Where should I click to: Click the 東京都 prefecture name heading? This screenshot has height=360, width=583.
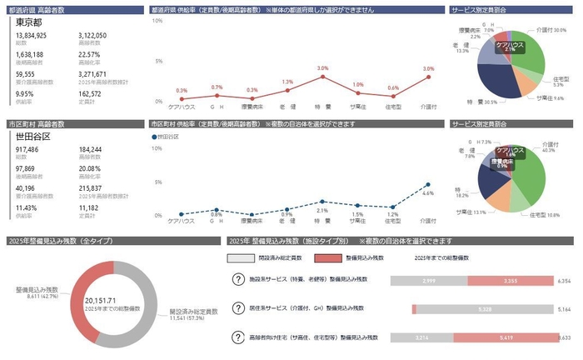click(x=32, y=24)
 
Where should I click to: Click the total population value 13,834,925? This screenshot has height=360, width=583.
click(x=31, y=37)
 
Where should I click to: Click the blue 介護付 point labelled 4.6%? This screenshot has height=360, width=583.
click(x=428, y=184)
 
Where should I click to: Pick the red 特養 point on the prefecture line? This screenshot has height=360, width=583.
click(x=322, y=77)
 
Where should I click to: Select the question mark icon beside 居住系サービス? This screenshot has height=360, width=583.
click(x=238, y=309)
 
